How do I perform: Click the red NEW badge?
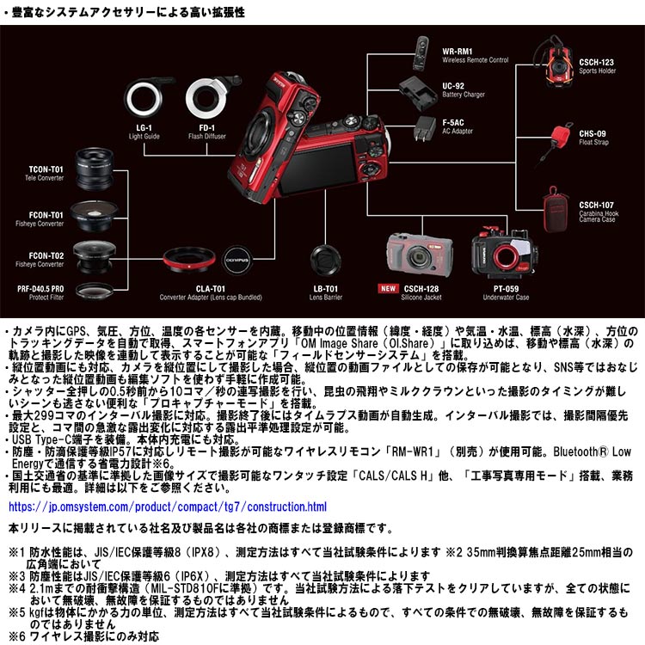[x=388, y=289]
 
